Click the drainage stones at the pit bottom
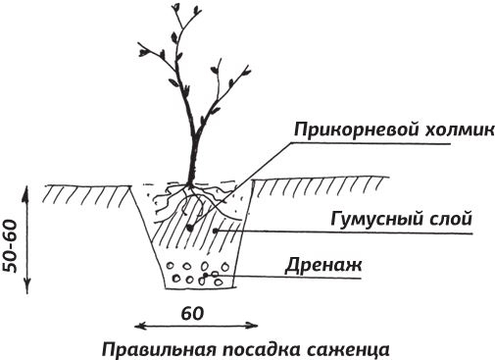pyautogui.click(x=195, y=274)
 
